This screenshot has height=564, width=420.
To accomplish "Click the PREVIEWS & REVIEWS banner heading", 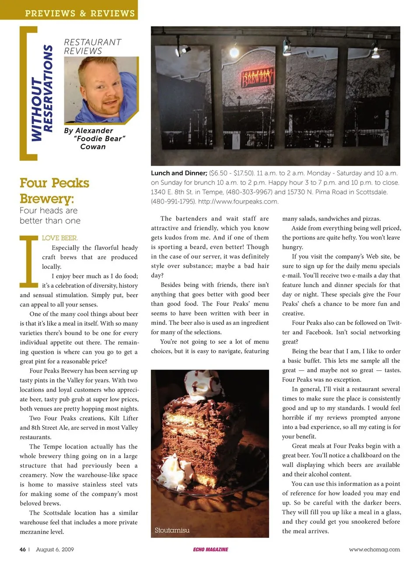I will [x=80, y=13].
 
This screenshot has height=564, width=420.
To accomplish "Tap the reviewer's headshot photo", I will [x=101, y=90].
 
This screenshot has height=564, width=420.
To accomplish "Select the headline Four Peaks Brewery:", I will [x=54, y=191].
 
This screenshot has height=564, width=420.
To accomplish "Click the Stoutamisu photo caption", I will [x=172, y=530].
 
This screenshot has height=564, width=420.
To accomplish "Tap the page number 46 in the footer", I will [x=23, y=550].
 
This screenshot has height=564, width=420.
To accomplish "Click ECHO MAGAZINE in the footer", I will [x=210, y=550].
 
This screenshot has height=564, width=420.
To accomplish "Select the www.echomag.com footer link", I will [x=374, y=550].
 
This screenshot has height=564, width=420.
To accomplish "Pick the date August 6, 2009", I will [x=55, y=550].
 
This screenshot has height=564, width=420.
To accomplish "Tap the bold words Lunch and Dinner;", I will [x=179, y=173].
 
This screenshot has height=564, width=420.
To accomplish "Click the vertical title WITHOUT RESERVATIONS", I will [x=42, y=93].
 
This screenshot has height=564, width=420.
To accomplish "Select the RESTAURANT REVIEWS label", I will [x=92, y=46].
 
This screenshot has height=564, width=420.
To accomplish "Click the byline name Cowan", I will [x=93, y=147].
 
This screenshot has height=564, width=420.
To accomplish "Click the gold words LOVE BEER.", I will [x=60, y=238].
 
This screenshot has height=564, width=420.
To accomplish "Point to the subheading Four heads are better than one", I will [x=50, y=216].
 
